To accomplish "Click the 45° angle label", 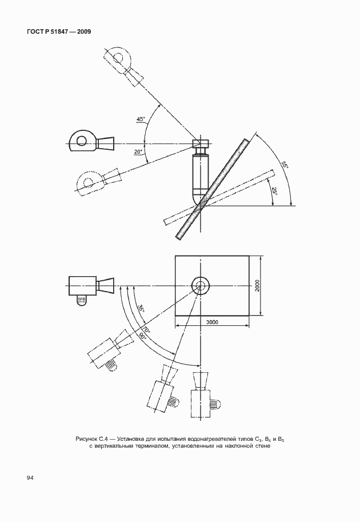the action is (141, 119).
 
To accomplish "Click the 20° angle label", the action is (138, 152).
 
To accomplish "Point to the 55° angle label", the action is (285, 165).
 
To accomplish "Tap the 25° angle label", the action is (274, 192).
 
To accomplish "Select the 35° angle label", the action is (141, 308).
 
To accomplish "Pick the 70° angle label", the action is (147, 329).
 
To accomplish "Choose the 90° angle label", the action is (143, 336).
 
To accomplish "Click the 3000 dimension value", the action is (212, 322).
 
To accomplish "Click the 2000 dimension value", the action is (257, 286).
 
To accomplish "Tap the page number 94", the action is (30, 478).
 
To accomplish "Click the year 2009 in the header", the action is (83, 31).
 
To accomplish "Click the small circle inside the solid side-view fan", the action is (81, 141).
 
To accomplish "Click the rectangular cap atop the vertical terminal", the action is (201, 144).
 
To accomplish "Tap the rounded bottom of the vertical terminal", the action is (201, 199).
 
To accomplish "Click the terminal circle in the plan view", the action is (201, 286).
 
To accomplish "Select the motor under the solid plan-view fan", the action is (82, 301).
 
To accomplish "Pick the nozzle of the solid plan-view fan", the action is (105, 286).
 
